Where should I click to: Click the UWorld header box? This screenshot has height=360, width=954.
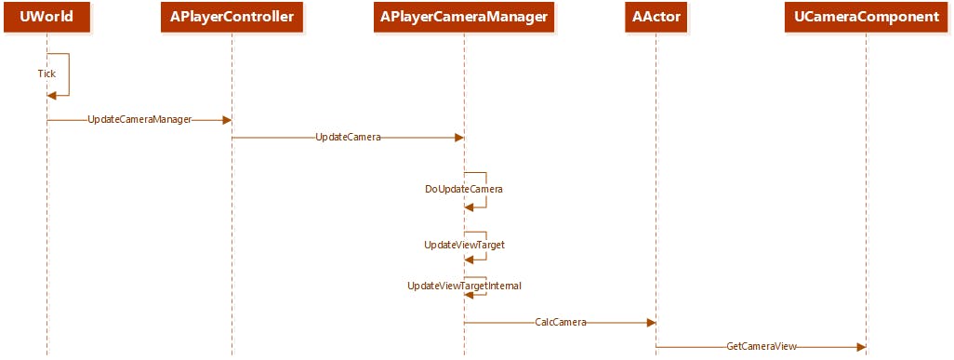pyautogui.click(x=46, y=17)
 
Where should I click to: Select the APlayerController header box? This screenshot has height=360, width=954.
pyautogui.click(x=232, y=17)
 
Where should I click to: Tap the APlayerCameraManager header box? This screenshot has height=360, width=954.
pyautogui.click(x=464, y=17)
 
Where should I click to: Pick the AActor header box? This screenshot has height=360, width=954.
pyautogui.click(x=656, y=17)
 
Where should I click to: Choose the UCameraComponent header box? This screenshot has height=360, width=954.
pyautogui.click(x=866, y=17)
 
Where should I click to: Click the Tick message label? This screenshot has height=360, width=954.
pyautogui.click(x=46, y=73)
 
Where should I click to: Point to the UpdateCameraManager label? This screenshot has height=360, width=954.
pyautogui.click(x=139, y=120)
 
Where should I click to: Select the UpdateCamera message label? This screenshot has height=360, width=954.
pyautogui.click(x=348, y=138)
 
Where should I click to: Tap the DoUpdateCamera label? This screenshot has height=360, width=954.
pyautogui.click(x=464, y=189)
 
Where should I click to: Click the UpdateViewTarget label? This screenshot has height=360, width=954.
pyautogui.click(x=464, y=245)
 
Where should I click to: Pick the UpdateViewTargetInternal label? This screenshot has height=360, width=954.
pyautogui.click(x=464, y=286)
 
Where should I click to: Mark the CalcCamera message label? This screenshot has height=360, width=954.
pyautogui.click(x=561, y=323)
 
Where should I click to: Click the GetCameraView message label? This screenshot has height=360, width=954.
pyautogui.click(x=762, y=347)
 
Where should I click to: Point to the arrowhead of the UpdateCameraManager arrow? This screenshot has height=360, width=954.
pyautogui.click(x=226, y=120)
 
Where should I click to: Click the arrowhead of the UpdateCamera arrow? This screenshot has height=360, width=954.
pyautogui.click(x=458, y=138)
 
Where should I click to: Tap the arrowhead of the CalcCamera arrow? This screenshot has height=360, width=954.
pyautogui.click(x=651, y=323)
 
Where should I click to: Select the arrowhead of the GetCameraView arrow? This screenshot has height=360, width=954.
pyautogui.click(x=861, y=347)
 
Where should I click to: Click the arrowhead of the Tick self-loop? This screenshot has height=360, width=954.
pyautogui.click(x=52, y=95)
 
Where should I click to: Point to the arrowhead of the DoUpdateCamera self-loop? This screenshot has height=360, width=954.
pyautogui.click(x=470, y=207)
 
